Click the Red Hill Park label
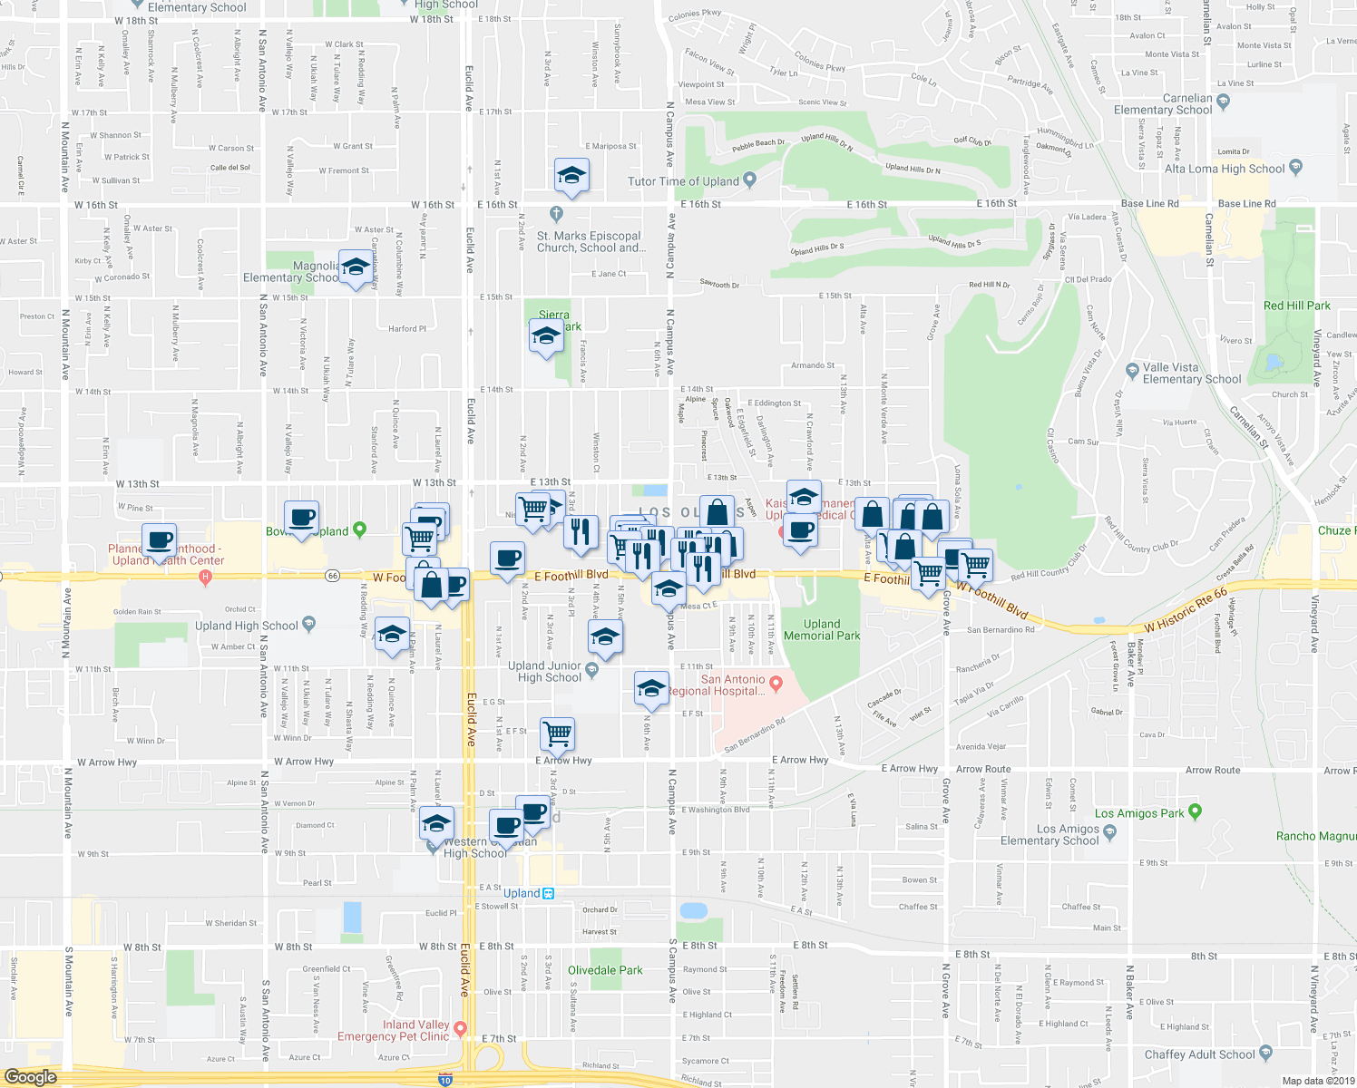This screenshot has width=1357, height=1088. point(1296,306)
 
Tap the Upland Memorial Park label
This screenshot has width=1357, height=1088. point(821,629)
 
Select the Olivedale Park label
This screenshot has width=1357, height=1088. point(605,970)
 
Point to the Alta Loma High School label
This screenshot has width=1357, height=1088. point(1225,169)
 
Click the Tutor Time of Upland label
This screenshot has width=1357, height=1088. point(683,181)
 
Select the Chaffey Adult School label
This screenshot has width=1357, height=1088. point(1199,1054)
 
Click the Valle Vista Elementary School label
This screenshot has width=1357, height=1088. point(1191,374)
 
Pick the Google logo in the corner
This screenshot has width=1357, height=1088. point(30,1076)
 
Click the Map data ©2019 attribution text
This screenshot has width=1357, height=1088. point(1318,1081)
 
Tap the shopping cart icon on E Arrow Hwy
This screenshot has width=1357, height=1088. point(557,733)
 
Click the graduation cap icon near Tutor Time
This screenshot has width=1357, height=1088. point(571,173)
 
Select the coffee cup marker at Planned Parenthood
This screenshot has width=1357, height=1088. point(160,539)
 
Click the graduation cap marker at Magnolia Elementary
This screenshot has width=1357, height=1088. point(356,266)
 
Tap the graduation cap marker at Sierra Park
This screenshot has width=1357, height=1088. point(545,336)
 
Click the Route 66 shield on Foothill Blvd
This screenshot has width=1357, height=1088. point(333,576)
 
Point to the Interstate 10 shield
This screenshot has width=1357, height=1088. point(444,1080)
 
